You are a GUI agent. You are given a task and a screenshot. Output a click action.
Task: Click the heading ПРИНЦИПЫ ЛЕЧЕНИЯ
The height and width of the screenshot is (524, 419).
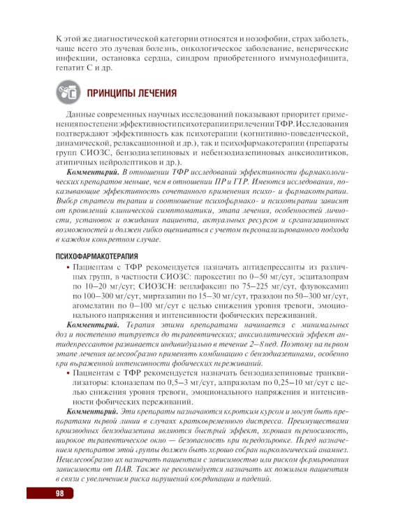tap(131, 93)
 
